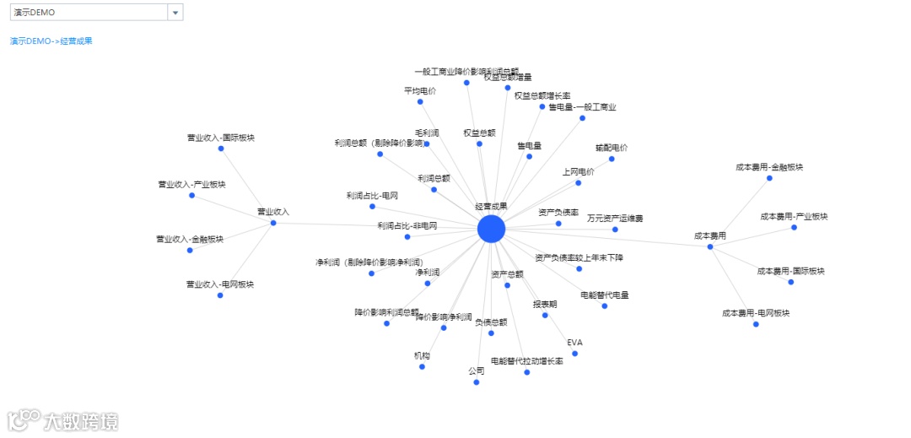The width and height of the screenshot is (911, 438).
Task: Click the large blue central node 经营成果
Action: click(x=491, y=229)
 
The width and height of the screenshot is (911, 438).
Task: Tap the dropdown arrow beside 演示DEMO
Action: click(x=175, y=13)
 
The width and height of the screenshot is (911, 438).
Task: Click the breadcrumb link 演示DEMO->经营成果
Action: click(x=51, y=41)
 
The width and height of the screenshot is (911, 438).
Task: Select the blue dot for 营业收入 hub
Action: click(x=273, y=223)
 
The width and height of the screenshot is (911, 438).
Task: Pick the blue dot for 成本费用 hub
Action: click(x=710, y=246)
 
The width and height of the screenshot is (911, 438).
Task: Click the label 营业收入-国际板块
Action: click(x=221, y=137)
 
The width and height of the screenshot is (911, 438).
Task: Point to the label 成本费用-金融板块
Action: click(x=769, y=167)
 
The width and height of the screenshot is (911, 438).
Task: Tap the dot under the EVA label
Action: click(x=574, y=354)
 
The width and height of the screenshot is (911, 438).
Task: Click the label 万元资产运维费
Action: click(x=615, y=219)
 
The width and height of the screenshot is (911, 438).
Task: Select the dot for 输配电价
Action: click(x=612, y=159)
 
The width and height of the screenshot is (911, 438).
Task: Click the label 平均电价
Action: click(x=420, y=90)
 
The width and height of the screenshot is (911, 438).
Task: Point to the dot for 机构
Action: click(x=422, y=366)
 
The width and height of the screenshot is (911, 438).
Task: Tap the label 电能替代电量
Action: click(x=605, y=295)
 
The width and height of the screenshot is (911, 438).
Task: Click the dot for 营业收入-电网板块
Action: click(x=220, y=295)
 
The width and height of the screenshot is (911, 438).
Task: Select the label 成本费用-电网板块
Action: click(x=756, y=313)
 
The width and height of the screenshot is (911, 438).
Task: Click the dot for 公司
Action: click(x=477, y=382)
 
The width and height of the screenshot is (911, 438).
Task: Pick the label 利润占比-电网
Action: click(x=372, y=196)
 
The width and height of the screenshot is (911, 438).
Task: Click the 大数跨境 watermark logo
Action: click(x=63, y=419)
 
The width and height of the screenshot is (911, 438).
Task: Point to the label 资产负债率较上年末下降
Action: click(x=579, y=257)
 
